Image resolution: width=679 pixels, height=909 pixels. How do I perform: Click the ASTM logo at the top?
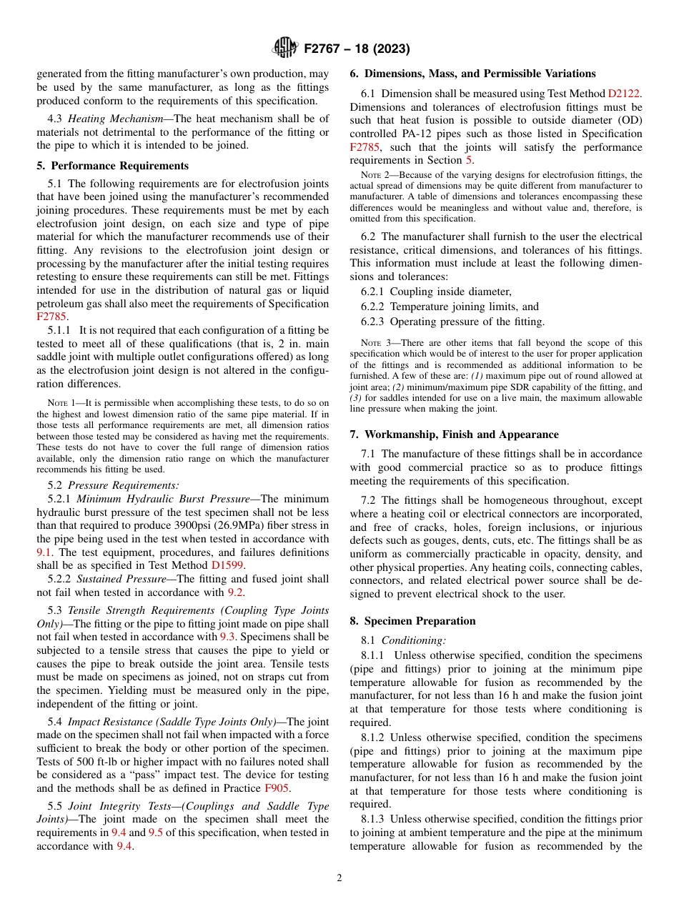point(285,49)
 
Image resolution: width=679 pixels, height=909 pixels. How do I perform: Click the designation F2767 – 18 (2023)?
point(357,49)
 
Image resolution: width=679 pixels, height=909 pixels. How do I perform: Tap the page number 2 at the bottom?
point(339,878)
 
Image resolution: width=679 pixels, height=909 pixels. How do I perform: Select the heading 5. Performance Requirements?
point(112,166)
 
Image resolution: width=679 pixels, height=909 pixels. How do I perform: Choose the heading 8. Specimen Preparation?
point(412,621)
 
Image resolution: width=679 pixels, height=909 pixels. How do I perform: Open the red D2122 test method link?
point(624,94)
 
